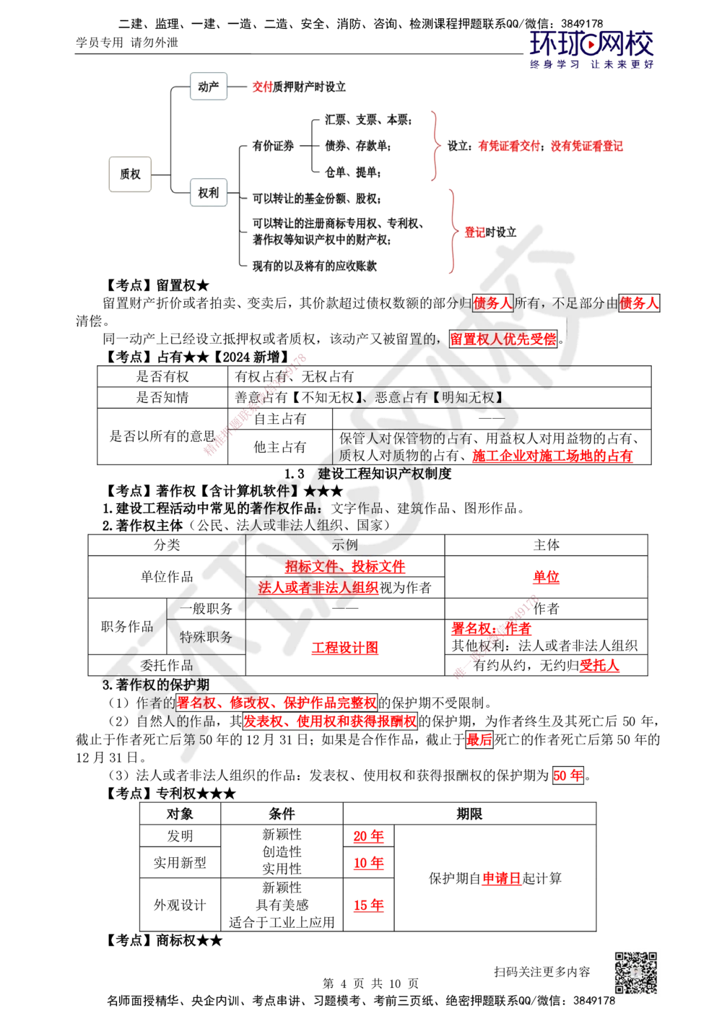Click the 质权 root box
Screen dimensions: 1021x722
tap(129, 174)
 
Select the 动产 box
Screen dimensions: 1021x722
tap(208, 87)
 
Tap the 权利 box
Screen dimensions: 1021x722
tap(208, 194)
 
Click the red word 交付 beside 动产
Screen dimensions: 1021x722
tap(261, 87)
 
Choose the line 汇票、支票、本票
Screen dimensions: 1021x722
tap(368, 121)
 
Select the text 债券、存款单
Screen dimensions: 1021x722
tap(358, 147)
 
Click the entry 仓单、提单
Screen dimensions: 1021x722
tap(353, 173)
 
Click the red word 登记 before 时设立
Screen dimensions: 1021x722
tap(475, 233)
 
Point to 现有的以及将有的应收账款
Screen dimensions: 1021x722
tap(315, 266)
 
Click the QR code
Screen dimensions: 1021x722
tap(635, 973)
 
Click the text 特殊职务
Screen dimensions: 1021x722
tap(206, 637)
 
